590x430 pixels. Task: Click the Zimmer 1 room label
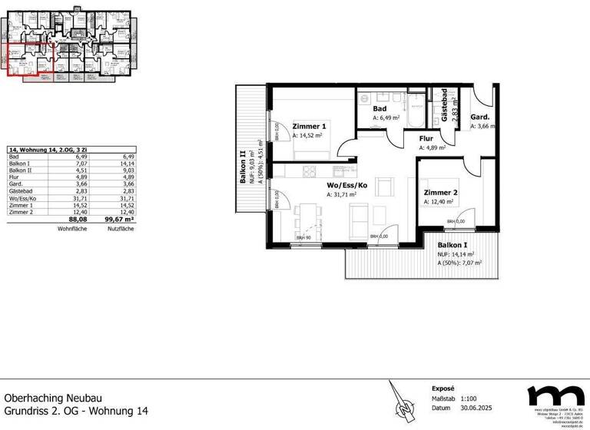pyautogui.click(x=309, y=126)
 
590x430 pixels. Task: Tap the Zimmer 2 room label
pyautogui.click(x=440, y=193)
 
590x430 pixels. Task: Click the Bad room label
pyautogui.click(x=380, y=109)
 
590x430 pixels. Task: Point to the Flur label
pyautogui.click(x=427, y=139)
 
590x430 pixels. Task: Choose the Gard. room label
pyautogui.click(x=481, y=117)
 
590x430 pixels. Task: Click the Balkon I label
pyautogui.click(x=455, y=244)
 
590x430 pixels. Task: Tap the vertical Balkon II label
pyautogui.click(x=243, y=167)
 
